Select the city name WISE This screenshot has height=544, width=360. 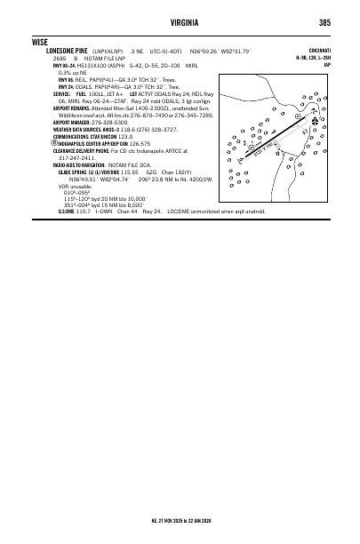pos(38,42)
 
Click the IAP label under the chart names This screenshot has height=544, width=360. pos(327,65)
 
